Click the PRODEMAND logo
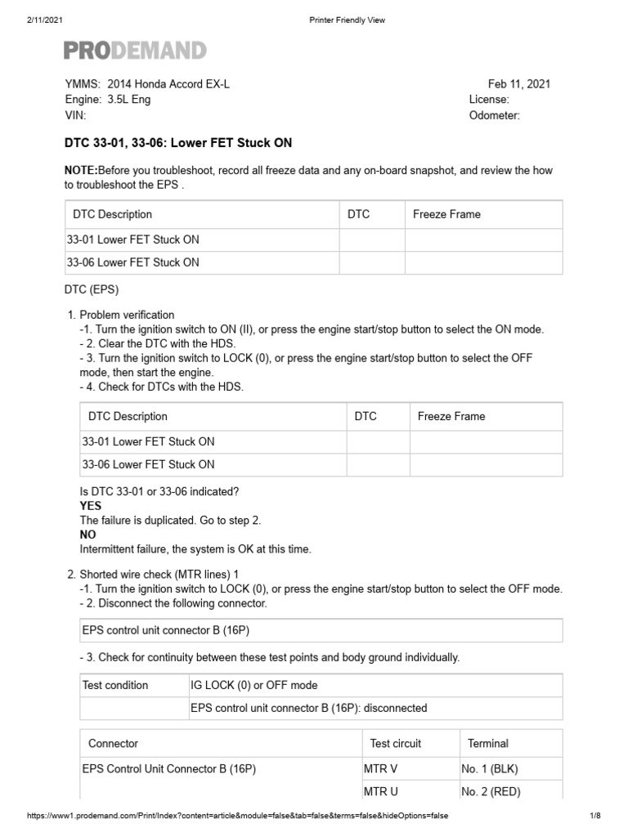[x=135, y=51]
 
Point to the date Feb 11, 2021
[x=518, y=84]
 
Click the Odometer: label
[x=494, y=115]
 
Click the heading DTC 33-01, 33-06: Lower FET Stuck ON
[x=177, y=143]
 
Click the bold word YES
[x=91, y=506]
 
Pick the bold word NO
[x=87, y=534]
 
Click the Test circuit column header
[x=396, y=743]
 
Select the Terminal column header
[x=487, y=743]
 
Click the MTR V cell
[x=382, y=768]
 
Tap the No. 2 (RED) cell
[x=491, y=791]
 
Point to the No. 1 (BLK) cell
[x=489, y=768]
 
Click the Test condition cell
[x=115, y=685]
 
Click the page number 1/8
[x=594, y=816]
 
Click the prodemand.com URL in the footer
[x=237, y=816]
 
